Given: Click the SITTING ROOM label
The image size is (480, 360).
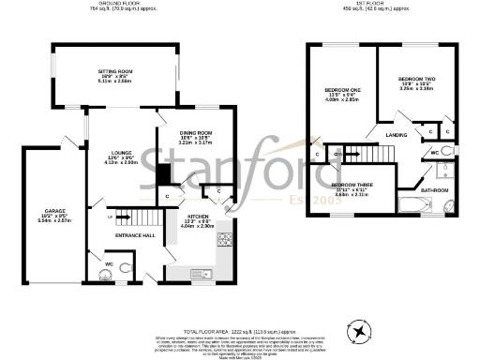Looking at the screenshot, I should [x=119, y=71].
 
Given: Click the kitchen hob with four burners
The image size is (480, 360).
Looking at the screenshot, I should [x=225, y=240].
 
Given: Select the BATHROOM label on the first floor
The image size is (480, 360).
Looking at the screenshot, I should [x=434, y=190].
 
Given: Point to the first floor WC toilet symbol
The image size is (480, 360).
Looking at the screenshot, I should [x=448, y=150].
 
